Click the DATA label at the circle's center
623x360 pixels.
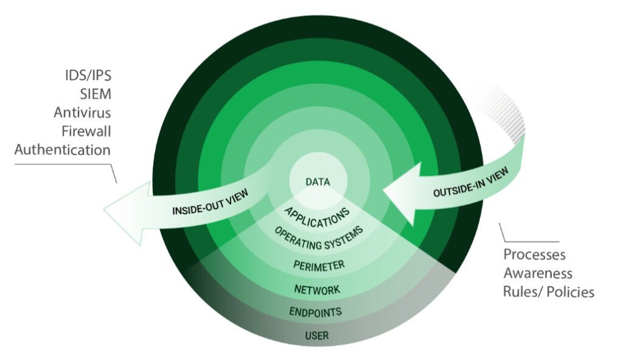318,182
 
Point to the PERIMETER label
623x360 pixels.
319,265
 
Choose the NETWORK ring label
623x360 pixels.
317,289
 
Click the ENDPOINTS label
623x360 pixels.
316,312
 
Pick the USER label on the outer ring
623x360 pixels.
316,336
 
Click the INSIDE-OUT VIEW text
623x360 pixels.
210,202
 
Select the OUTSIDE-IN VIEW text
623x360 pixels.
470,182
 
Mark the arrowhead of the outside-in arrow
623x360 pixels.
402,193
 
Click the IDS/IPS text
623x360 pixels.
88,75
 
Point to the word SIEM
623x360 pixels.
96,94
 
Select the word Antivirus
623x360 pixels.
82,113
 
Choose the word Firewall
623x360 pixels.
86,131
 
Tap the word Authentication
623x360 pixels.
63,150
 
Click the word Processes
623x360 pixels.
534,255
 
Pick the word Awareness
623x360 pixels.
538,274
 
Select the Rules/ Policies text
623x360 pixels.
549,292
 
